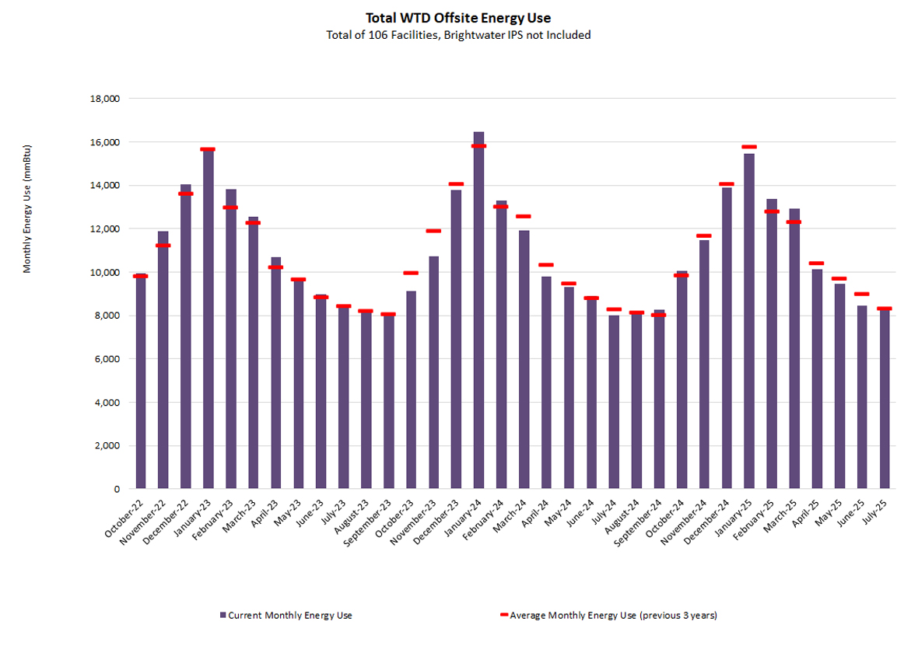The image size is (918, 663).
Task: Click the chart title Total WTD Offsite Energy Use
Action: point(458,18)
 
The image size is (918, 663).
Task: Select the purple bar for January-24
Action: point(478,311)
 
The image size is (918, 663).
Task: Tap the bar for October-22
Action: point(141,381)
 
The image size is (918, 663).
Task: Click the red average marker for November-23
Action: point(433,231)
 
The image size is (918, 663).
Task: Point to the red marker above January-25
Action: point(749,147)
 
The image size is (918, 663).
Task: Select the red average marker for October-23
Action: point(411,273)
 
